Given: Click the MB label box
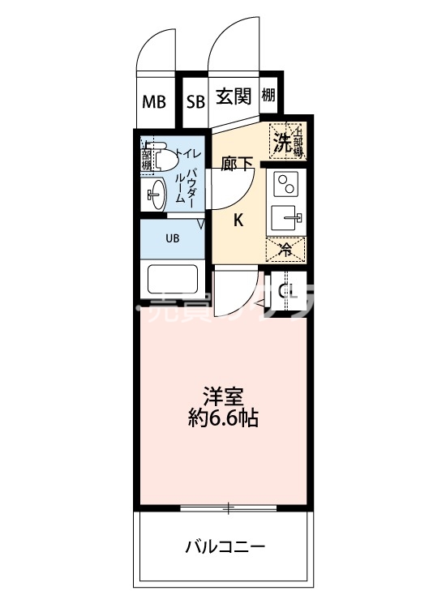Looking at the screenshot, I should pos(154,102).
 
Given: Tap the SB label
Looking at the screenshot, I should pos(195,102).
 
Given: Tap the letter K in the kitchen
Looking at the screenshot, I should pos(239,219).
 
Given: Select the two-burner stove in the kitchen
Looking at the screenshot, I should pos(285,186).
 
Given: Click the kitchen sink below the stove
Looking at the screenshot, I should pos(285,217).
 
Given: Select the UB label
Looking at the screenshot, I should pos(173,238).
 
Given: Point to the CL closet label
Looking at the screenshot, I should pos(285,292).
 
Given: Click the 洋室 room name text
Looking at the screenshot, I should pos(225,397).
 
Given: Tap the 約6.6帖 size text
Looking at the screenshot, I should pos(225,420).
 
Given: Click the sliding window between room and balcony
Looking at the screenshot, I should pos(229,509).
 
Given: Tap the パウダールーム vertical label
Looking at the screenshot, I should pos(192,188).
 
